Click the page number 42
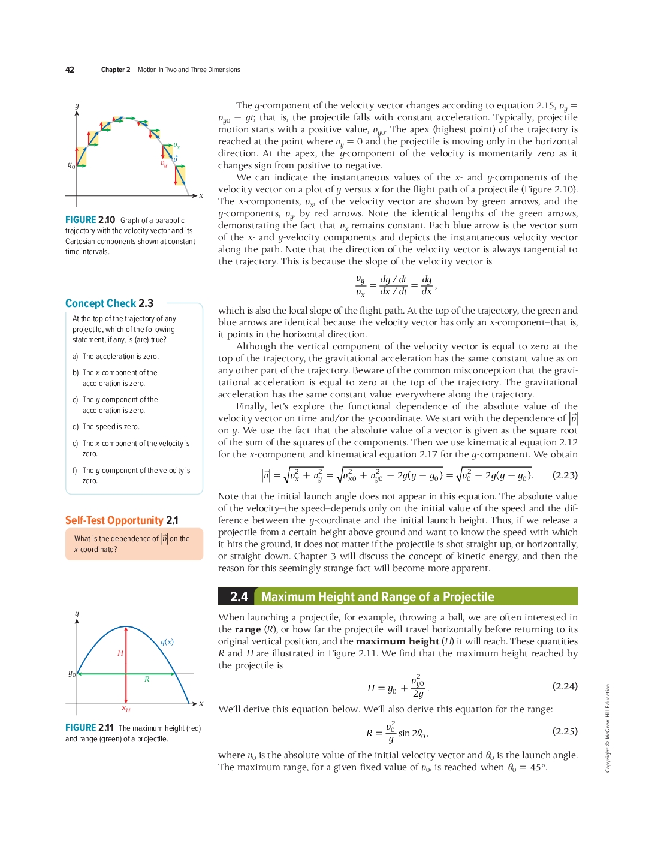[70, 70]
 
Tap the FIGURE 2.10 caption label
[90, 220]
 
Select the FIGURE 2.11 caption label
[89, 728]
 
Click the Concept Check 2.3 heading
[109, 303]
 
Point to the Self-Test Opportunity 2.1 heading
[122, 520]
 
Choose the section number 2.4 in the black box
[239, 597]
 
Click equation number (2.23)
[565, 475]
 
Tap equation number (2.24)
[565, 686]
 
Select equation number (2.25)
[565, 731]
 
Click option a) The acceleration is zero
[116, 357]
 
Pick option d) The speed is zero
[106, 427]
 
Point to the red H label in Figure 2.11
[120, 653]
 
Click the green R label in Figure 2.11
[147, 679]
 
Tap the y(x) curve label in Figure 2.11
[167, 642]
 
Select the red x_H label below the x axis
[126, 709]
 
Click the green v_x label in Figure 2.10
[176, 146]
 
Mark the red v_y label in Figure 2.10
[164, 163]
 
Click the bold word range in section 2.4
[248, 629]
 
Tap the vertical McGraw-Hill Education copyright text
[608, 728]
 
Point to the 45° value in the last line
[538, 767]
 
